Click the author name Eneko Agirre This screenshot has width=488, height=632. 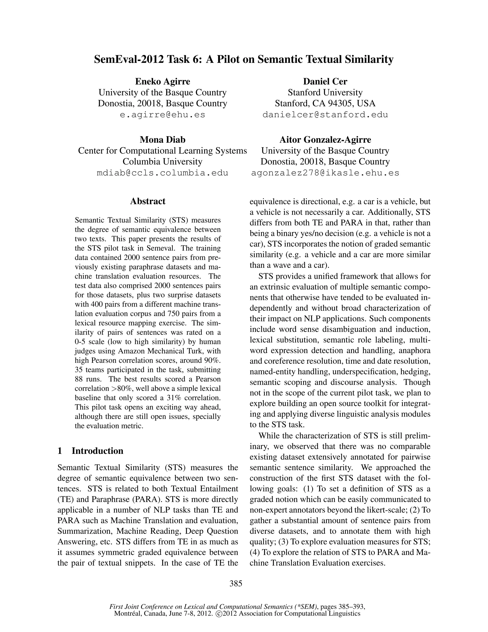[x=163, y=81]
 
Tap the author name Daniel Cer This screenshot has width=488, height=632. [x=325, y=81]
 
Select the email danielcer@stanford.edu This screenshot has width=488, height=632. [x=325, y=115]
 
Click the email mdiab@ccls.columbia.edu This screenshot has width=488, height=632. [x=163, y=173]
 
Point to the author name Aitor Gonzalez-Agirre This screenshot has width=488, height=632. [x=325, y=140]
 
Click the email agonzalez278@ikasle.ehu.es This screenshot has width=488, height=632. [x=325, y=173]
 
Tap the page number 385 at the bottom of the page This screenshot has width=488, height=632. [x=236, y=583]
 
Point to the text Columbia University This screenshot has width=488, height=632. [x=163, y=161]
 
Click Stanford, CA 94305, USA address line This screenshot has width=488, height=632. [x=325, y=103]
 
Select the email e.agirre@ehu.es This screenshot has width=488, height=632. [x=163, y=115]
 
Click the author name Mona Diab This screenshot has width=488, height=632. [x=163, y=140]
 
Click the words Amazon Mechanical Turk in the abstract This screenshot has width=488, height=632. [x=169, y=351]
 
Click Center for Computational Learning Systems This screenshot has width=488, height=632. [x=163, y=151]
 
